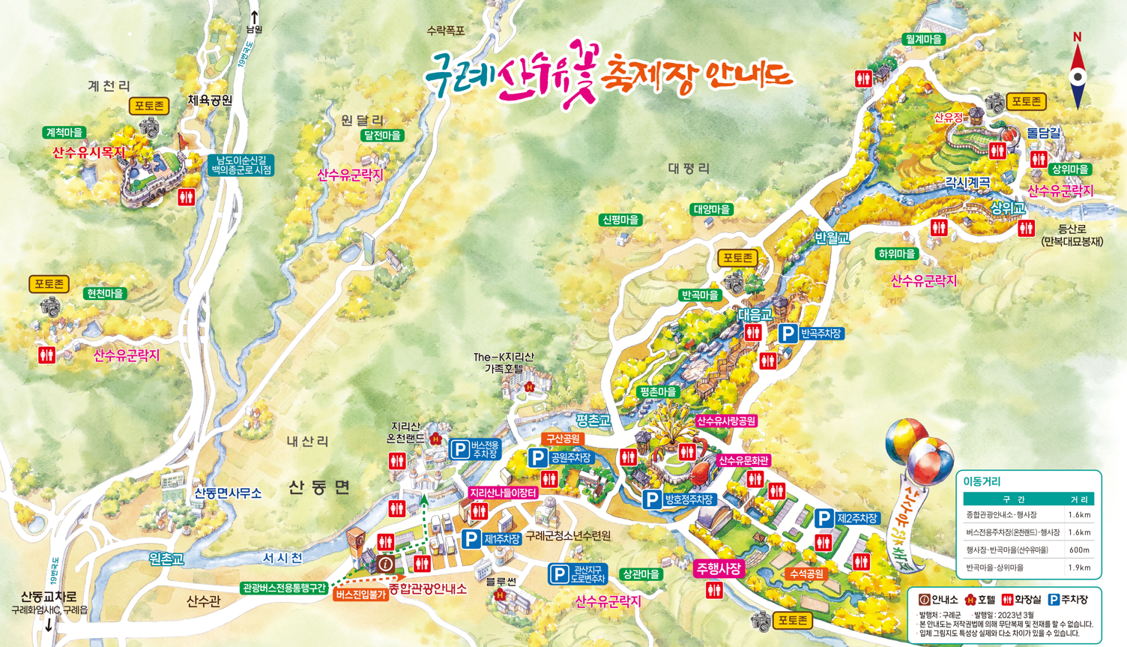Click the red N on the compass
pos(1077,37)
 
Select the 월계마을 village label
pos(923,39)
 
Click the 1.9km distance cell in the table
pos(1079,568)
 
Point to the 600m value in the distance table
pos(1079,550)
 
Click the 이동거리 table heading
pos(982,481)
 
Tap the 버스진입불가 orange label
pos(360,595)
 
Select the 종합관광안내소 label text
pos(427,589)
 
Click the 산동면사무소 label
pos(228,493)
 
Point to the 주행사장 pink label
pos(719,569)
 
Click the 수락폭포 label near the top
pos(446,31)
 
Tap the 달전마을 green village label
pos(382,136)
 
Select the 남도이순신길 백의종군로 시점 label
pos(241,165)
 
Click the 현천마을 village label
pos(105,294)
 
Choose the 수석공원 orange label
pos(806,574)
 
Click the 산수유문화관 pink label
pos(743,460)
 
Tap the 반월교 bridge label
pos(832,238)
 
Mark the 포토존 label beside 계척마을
pos(149,106)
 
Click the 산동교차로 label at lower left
pos(49,597)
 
